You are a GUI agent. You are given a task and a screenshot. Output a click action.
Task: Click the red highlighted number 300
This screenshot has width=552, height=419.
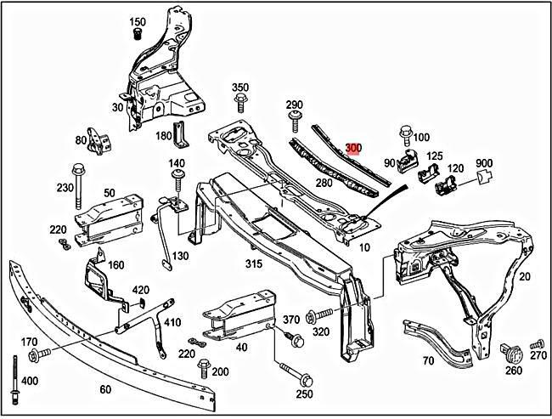tap(353, 148)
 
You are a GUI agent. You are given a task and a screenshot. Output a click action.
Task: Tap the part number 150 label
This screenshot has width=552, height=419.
tap(138, 21)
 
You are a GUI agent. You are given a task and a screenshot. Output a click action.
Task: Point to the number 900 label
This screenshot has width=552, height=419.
tap(484, 163)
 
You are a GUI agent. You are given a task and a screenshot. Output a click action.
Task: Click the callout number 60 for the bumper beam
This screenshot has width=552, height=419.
tap(105, 390)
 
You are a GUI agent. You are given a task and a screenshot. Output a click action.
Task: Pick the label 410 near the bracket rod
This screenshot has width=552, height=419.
tap(172, 322)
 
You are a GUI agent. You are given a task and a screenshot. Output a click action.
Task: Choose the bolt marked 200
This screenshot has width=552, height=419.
tap(203, 368)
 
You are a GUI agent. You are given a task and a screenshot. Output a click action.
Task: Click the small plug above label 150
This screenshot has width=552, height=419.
tap(136, 34)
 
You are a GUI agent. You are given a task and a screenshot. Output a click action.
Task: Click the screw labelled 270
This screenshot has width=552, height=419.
tap(535, 345)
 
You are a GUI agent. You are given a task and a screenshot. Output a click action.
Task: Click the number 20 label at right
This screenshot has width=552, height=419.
tap(524, 276)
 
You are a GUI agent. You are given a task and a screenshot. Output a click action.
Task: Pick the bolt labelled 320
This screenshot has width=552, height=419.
tap(314, 315)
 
